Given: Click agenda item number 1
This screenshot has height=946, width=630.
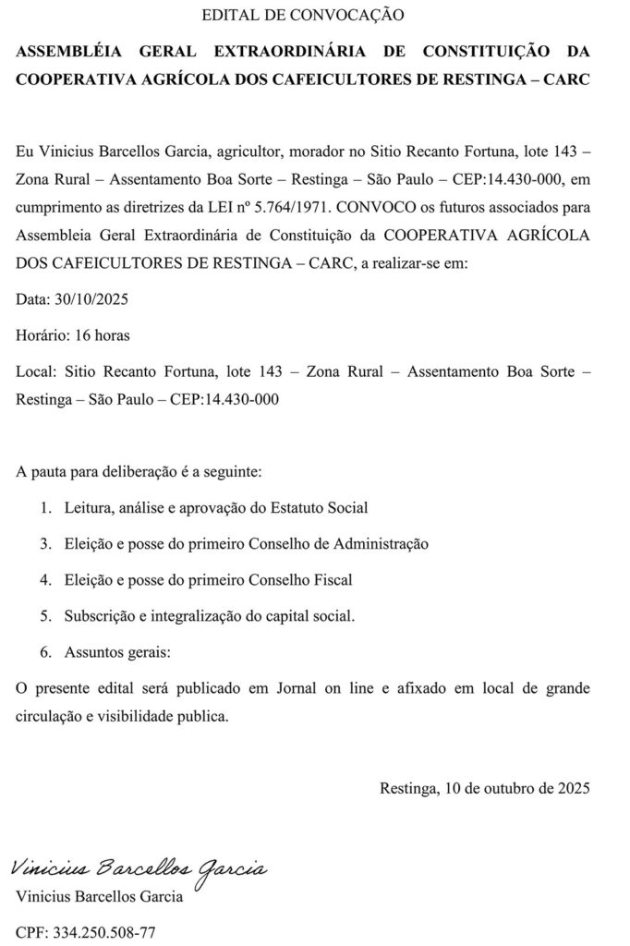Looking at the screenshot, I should coord(45,507).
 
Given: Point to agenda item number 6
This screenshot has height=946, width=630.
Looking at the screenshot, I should coord(45,651).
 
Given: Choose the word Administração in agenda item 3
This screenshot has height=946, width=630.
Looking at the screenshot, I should coord(379,543).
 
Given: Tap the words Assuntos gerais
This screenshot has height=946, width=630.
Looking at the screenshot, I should coord(117,651).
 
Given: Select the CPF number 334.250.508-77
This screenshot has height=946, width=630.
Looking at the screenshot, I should coord(103,933).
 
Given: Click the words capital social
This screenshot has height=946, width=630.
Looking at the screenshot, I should coord(315,615).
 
